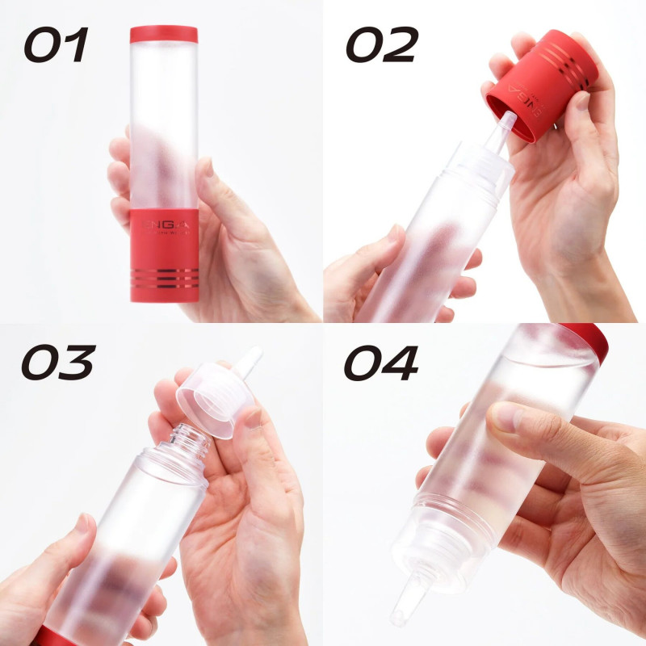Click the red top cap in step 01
click(164, 35)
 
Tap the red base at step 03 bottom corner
click(50, 636)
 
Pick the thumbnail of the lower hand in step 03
click(82, 525)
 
